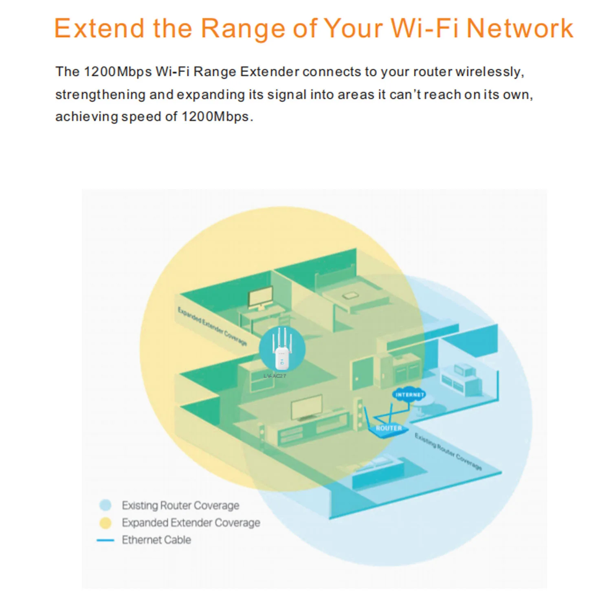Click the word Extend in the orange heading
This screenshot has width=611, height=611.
(99, 29)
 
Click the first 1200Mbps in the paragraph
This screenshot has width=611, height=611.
(117, 72)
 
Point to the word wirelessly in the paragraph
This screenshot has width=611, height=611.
(489, 72)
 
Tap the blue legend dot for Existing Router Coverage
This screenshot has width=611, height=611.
(105, 505)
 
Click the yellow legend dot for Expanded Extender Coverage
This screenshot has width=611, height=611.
(105, 523)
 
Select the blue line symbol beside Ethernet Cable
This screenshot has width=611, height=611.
(105, 540)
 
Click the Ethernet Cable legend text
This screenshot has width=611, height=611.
(156, 540)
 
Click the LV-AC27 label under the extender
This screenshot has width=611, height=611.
(275, 376)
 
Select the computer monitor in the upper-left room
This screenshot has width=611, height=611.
(261, 299)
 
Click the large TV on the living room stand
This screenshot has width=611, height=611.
(307, 407)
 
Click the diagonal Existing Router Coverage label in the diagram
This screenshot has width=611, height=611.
(448, 451)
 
